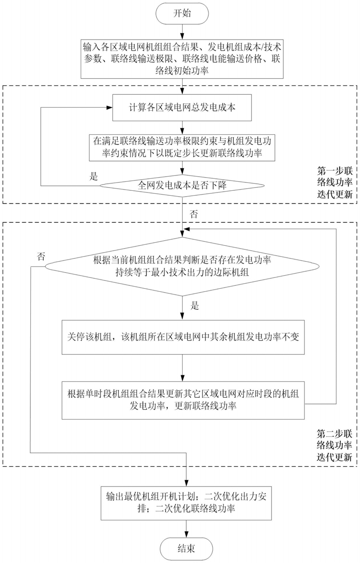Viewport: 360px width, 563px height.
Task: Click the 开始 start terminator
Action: [x=182, y=13]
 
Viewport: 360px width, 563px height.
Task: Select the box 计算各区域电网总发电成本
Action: [x=182, y=108]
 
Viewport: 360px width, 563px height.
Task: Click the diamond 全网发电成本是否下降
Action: [x=182, y=186]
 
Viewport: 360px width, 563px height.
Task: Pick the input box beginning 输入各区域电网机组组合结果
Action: [x=182, y=59]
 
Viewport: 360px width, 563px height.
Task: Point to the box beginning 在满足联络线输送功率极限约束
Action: [x=182, y=148]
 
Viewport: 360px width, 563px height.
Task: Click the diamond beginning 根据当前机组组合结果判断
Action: [x=182, y=267]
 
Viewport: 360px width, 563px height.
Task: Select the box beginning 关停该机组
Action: [x=183, y=337]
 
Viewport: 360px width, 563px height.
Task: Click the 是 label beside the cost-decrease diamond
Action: [x=94, y=176]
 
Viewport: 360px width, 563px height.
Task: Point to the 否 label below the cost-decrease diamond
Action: [x=194, y=215]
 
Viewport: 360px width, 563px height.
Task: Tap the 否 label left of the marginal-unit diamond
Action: [x=41, y=257]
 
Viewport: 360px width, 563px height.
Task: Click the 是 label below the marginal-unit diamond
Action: [x=195, y=306]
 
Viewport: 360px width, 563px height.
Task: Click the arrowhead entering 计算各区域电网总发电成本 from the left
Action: [x=109, y=108]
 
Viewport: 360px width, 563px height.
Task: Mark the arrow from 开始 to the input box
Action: [x=182, y=32]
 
